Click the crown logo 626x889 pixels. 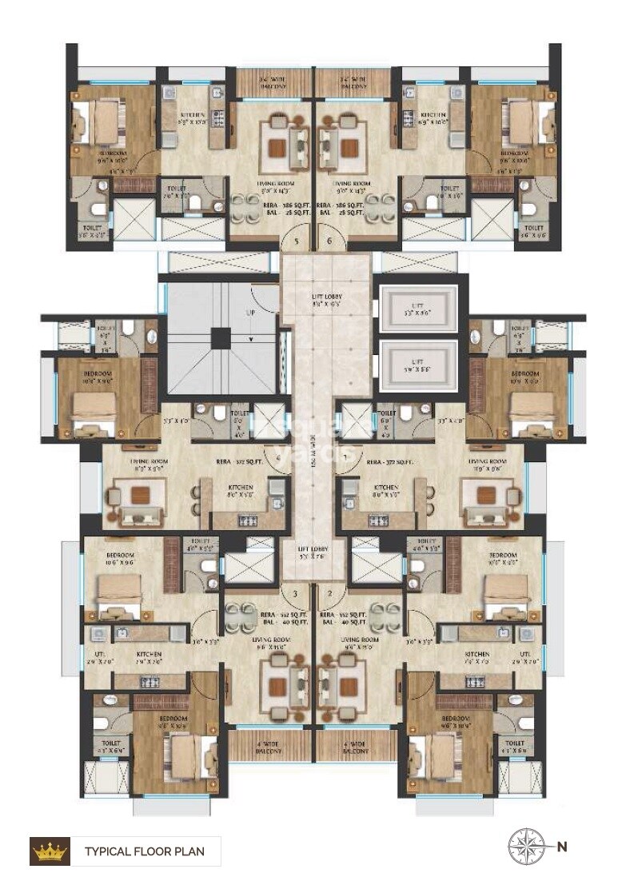click(x=50, y=851)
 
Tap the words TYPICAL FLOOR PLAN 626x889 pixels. click(x=144, y=851)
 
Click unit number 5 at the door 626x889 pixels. click(x=296, y=241)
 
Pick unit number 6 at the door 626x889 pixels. click(x=329, y=241)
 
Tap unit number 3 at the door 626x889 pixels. click(x=296, y=593)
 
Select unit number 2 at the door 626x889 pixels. click(x=329, y=593)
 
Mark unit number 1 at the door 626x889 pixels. click(x=345, y=457)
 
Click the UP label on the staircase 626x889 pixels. click(x=250, y=313)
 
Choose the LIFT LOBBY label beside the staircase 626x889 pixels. click(x=326, y=300)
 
